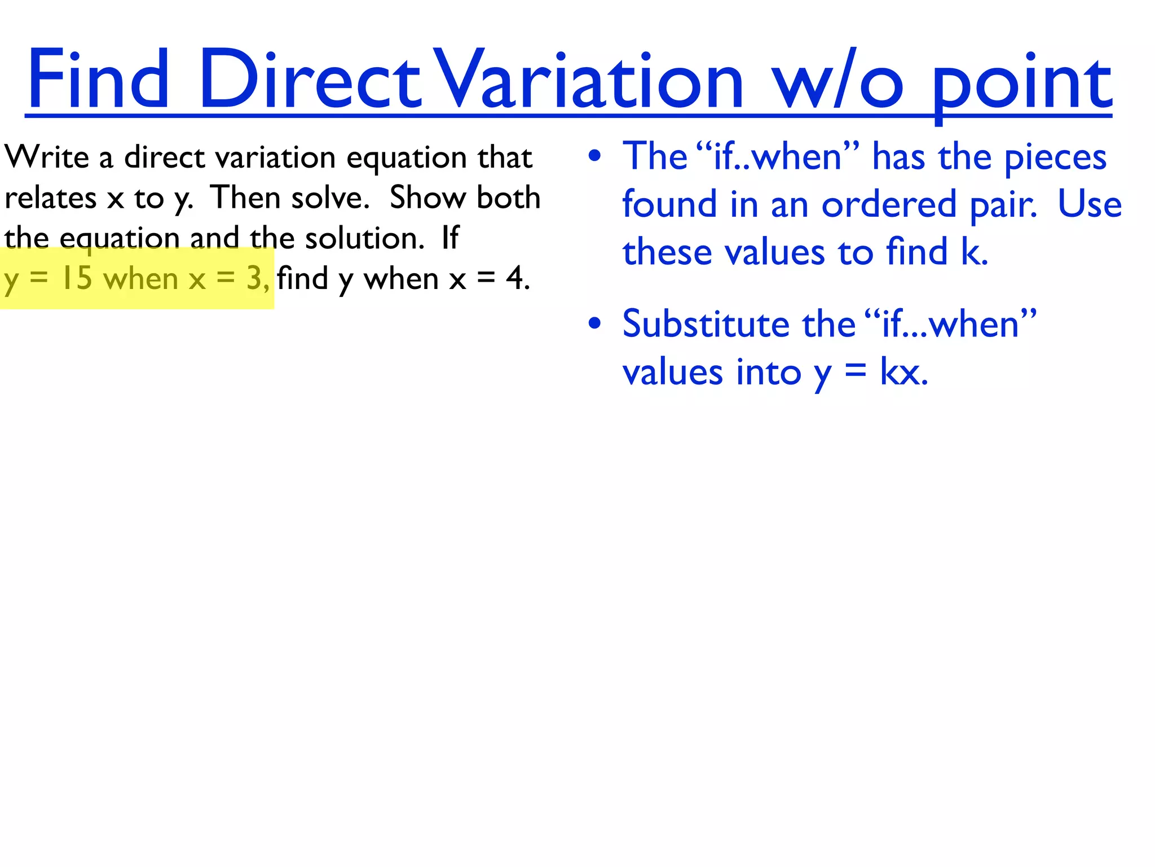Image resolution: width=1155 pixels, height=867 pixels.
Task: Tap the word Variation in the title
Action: tap(590, 79)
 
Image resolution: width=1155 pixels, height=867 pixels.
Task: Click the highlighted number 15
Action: tap(76, 278)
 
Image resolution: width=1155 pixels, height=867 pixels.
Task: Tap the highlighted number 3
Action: tap(254, 278)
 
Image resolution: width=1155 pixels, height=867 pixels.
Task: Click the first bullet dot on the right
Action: tap(594, 156)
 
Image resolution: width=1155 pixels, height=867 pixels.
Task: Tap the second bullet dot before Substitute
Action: tap(594, 324)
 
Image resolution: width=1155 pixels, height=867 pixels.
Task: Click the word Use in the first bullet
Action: tap(1089, 204)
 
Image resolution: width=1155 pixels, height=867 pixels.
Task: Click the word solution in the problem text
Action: tap(364, 238)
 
